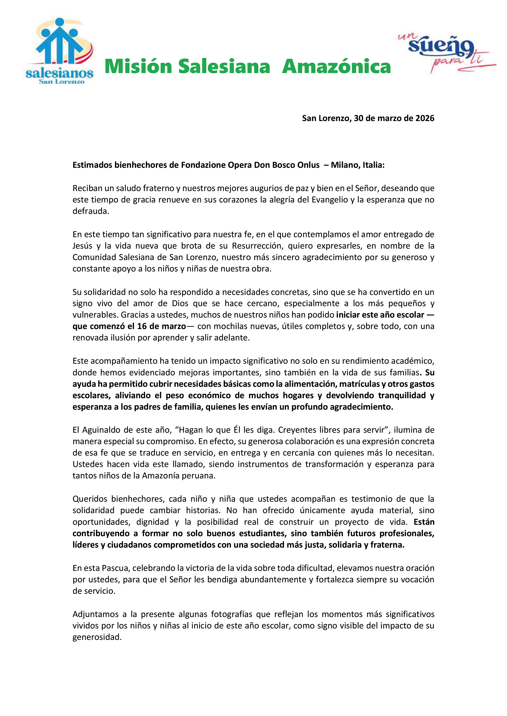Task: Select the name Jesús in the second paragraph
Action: (x=82, y=246)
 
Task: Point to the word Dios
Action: (x=180, y=304)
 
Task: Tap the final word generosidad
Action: (x=97, y=637)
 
